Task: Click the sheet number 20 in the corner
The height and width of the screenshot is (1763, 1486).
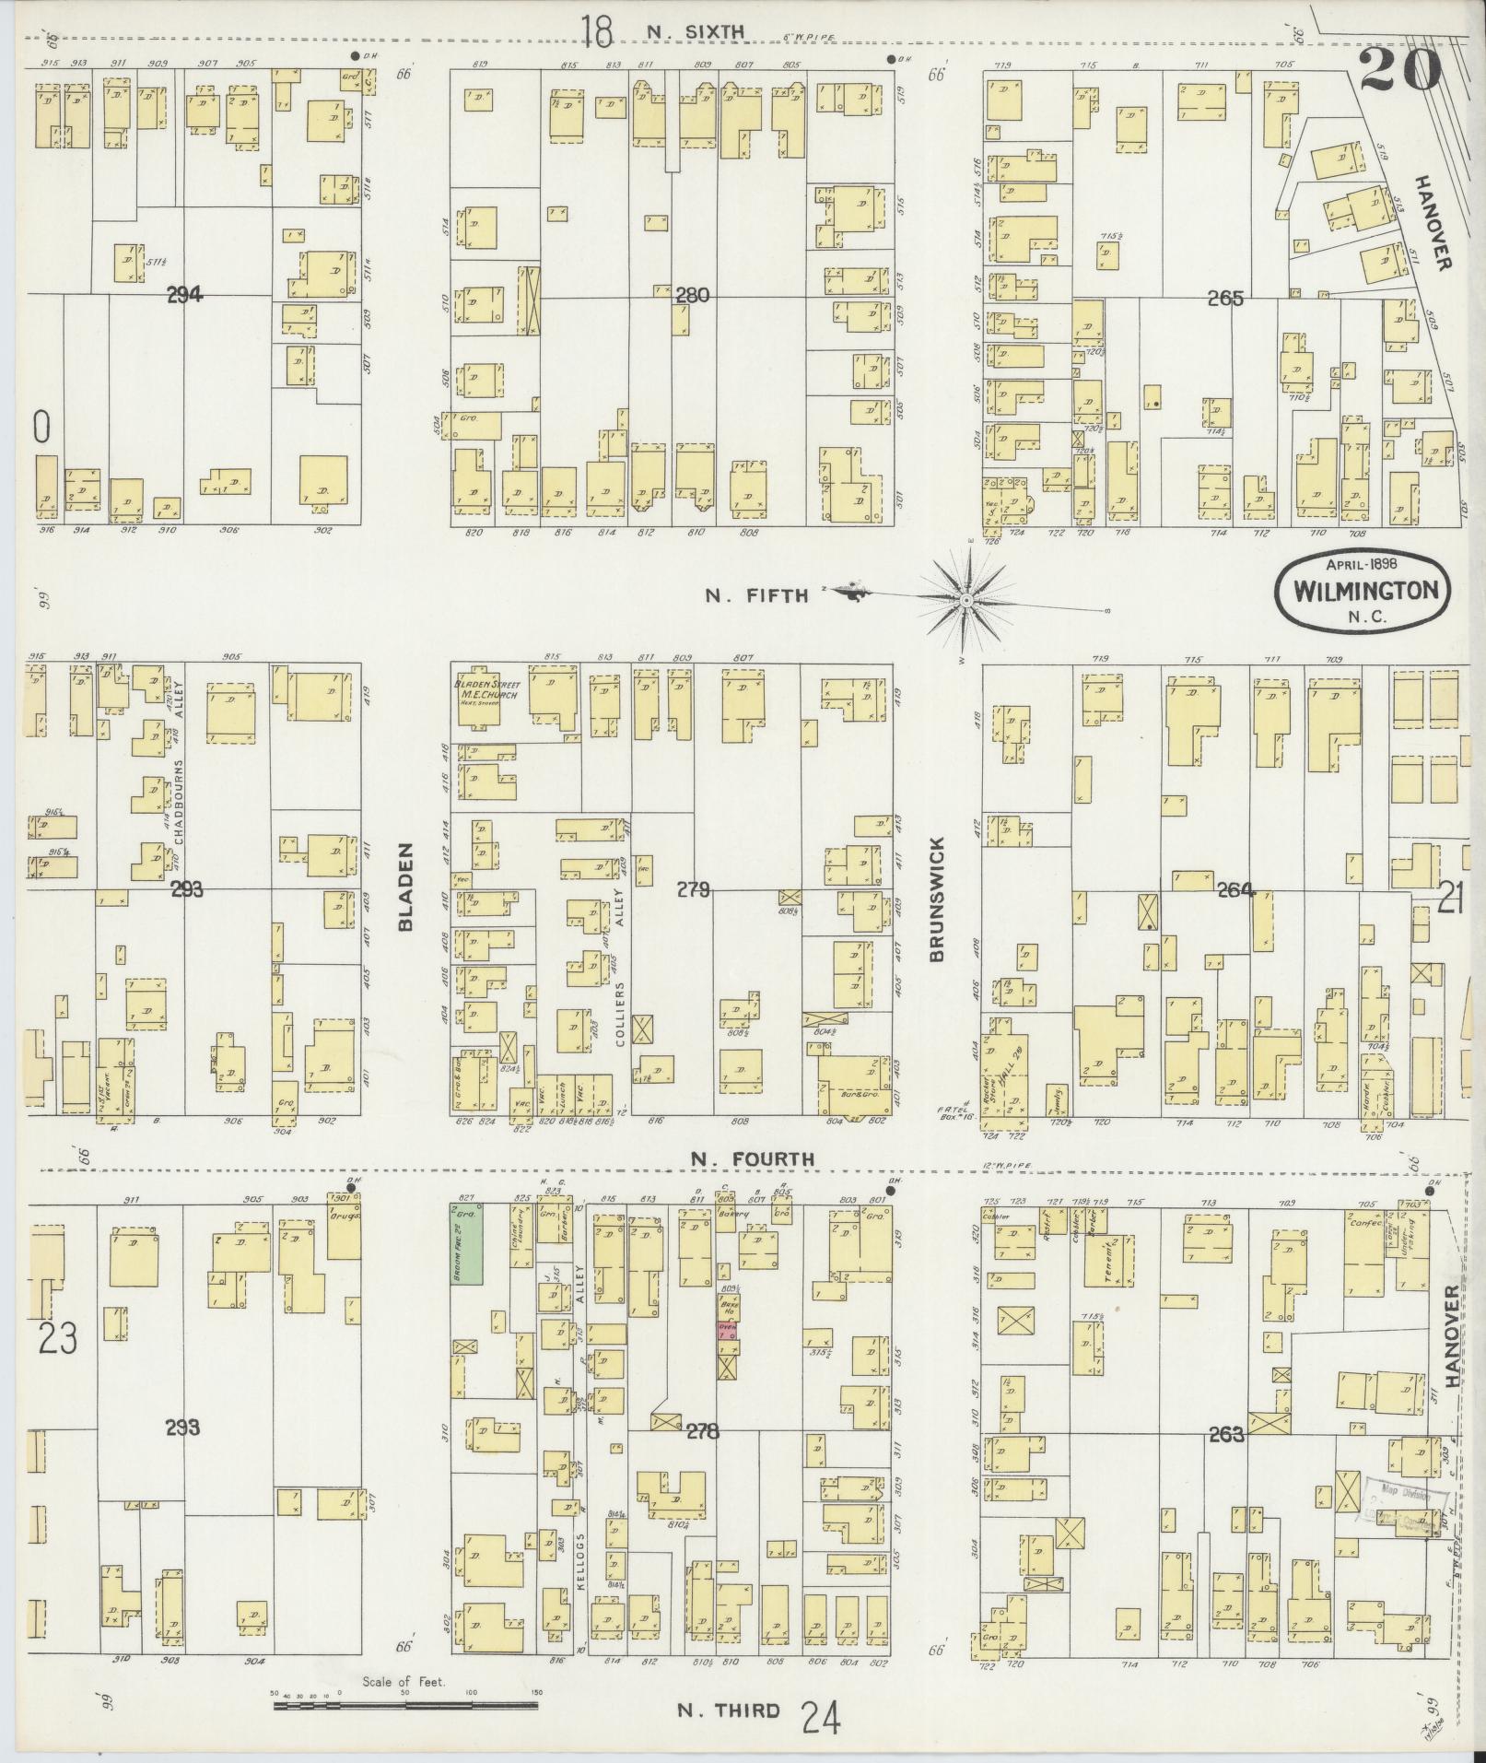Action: [1399, 69]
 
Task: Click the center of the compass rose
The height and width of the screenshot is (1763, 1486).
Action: [966, 601]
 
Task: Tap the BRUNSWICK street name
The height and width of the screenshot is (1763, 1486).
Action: [936, 899]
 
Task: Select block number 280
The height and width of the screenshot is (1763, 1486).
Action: [692, 296]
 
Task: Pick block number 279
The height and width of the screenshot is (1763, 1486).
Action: [693, 890]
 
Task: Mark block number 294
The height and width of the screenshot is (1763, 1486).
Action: [184, 296]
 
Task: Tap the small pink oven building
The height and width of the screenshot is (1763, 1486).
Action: [727, 1330]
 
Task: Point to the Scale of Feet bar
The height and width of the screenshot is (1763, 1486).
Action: [405, 1706]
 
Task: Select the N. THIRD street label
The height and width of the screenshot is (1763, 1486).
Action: [728, 1711]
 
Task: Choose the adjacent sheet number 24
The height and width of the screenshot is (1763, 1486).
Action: [820, 1718]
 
